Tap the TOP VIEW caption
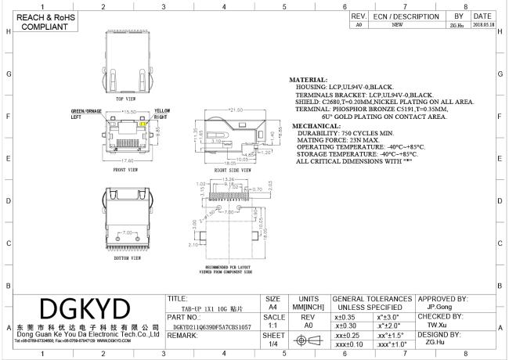click(126, 100)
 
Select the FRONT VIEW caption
click(126, 169)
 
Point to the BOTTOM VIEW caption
click(126, 257)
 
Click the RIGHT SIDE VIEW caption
click(232, 169)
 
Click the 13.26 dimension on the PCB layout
click(229, 179)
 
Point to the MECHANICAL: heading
click(316, 126)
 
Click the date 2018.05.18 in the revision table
click(482, 25)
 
